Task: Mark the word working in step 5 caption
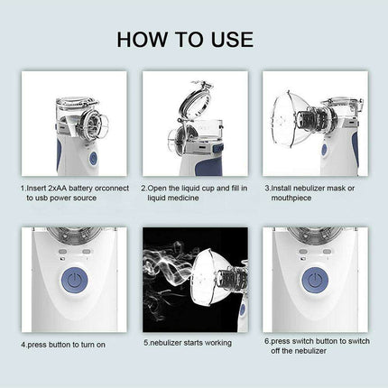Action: point(214,343)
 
